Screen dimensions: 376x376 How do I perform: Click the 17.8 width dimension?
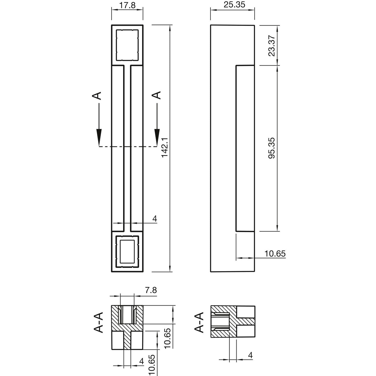pyautogui.click(x=127, y=5)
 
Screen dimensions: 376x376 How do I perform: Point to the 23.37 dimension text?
pyautogui.click(x=272, y=46)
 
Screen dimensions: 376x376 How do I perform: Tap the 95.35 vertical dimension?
pyautogui.click(x=272, y=148)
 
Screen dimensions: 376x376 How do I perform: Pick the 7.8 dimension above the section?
pyautogui.click(x=151, y=290)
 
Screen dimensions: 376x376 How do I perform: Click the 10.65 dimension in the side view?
pyautogui.click(x=275, y=253)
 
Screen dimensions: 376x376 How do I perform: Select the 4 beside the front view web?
pyautogui.click(x=155, y=219)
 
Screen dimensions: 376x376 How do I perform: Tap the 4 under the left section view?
pyautogui.click(x=142, y=361)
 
